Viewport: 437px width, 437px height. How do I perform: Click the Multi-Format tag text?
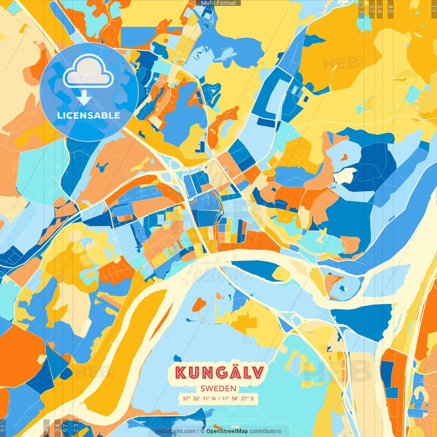coord(218,3)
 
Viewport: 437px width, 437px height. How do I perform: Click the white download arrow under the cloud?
coord(84,98)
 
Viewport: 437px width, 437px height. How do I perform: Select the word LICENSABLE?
coord(89,115)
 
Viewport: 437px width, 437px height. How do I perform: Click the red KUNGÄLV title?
coord(220,373)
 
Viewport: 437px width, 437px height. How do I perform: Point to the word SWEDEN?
coord(218,389)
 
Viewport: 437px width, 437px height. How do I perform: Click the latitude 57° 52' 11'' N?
coord(199,398)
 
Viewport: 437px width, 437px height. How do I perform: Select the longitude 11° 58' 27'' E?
coord(238,398)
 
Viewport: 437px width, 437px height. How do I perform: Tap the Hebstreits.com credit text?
coord(176,431)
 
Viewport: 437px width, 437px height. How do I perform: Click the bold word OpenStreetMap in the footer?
coord(227,431)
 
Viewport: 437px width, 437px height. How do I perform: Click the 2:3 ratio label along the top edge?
coord(361,9)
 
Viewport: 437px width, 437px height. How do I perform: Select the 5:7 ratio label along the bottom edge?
coord(65,427)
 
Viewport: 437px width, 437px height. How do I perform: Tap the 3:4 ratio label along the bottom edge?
coord(57,427)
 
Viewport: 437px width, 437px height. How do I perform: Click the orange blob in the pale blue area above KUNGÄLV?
coord(199,305)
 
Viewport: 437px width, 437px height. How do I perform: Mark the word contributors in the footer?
coord(265,431)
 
